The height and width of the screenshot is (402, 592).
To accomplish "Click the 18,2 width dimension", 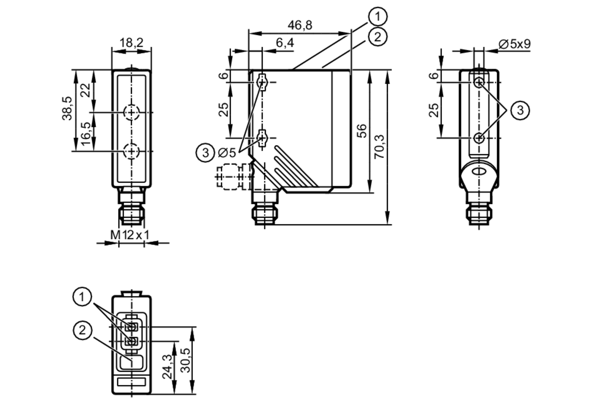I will pyautogui.click(x=131, y=43).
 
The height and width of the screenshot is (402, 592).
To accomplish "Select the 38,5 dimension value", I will pyautogui.click(x=67, y=108).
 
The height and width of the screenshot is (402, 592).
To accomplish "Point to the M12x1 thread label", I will pyautogui.click(x=130, y=235).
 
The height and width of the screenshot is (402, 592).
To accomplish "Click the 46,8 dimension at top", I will pyautogui.click(x=300, y=25).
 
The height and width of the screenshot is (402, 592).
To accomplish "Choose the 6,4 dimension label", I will pyautogui.click(x=285, y=43).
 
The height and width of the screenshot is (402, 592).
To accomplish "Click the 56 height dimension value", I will pyautogui.click(x=361, y=131).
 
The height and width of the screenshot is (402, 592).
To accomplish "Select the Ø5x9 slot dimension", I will pyautogui.click(x=514, y=44).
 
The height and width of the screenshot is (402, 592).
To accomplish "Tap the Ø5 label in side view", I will pyautogui.click(x=227, y=153).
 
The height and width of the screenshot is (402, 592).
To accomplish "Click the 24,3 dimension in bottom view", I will pyautogui.click(x=168, y=366).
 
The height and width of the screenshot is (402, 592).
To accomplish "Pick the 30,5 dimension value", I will pyautogui.click(x=186, y=360).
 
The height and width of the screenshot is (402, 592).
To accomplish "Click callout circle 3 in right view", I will pyautogui.click(x=520, y=110).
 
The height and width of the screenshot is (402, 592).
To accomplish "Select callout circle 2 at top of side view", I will pyautogui.click(x=378, y=37).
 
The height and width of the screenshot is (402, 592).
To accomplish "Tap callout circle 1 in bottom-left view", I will pyautogui.click(x=82, y=297).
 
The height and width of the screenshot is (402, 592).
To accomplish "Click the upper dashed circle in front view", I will pyautogui.click(x=131, y=112).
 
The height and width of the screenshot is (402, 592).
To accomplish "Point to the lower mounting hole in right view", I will pyautogui.click(x=479, y=138).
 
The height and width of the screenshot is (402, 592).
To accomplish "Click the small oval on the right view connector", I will pyautogui.click(x=479, y=172).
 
